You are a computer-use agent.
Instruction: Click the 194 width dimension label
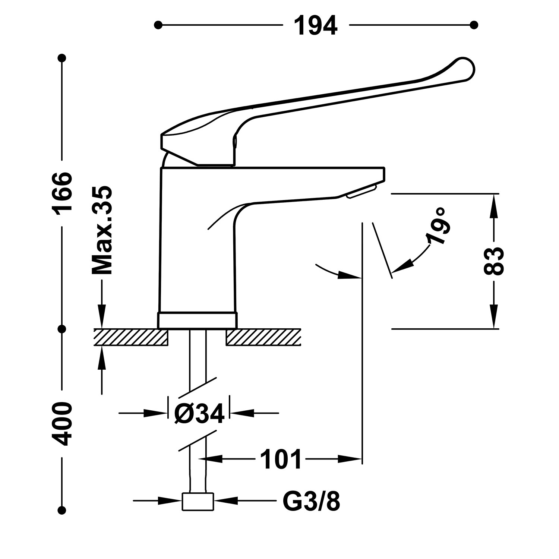tap(316, 25)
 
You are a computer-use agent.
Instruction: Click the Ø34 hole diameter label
tap(199, 413)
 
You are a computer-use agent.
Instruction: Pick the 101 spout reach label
tap(280, 459)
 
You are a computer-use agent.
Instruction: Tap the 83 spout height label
tap(494, 261)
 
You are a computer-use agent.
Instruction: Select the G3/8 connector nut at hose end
tap(198, 501)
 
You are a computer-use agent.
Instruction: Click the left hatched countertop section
tap(130, 337)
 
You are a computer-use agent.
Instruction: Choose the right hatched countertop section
tap(263, 337)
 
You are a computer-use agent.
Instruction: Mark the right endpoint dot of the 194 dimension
tap(474, 25)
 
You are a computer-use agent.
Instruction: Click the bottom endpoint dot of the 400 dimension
tap(62, 510)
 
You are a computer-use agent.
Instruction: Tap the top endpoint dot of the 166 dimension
tap(62, 58)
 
